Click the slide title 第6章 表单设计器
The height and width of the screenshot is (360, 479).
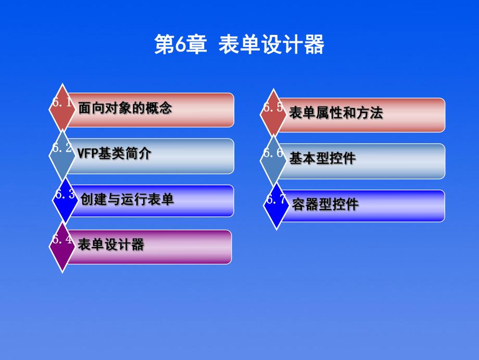(240, 45)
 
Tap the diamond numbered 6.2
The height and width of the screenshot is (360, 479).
(62, 154)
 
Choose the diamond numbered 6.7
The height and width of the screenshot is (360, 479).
(276, 205)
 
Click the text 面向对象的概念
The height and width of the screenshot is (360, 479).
(125, 108)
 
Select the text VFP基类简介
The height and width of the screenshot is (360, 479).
(114, 154)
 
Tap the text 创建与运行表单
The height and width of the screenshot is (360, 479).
(127, 199)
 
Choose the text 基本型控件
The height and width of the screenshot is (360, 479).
(322, 159)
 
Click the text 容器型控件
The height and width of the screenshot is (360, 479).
(325, 204)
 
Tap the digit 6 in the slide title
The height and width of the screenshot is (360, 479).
(178, 45)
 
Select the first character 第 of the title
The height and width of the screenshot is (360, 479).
(163, 45)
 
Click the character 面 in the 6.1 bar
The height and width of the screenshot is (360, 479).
(84, 108)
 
